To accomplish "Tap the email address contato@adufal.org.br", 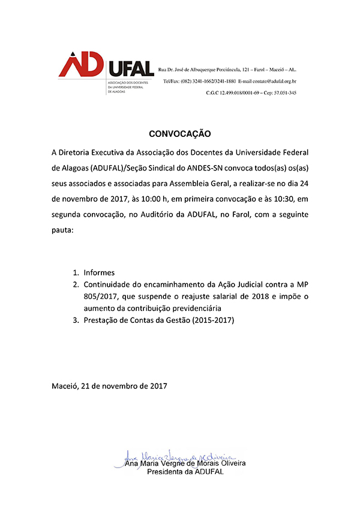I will (x=272, y=81).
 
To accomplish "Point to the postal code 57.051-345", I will (x=283, y=93).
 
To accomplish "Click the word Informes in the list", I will (x=99, y=272).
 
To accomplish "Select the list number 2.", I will (x=76, y=284).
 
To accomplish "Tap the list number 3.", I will (x=76, y=320).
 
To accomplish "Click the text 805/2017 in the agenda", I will (x=101, y=296).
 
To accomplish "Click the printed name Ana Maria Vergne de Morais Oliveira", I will (x=185, y=463).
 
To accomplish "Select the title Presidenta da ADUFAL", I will (x=185, y=472).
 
